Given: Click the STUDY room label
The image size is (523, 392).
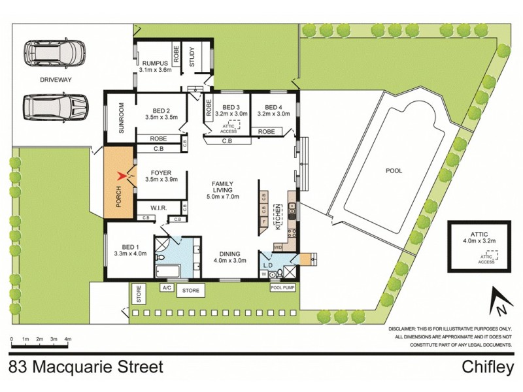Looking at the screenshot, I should pos(193,58).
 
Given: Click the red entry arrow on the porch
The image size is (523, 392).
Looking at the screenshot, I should pos(120,176).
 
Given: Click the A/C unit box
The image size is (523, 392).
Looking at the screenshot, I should pos(168,287).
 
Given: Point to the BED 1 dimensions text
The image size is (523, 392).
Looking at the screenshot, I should pos(130,253).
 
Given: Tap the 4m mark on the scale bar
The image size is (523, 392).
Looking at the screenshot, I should pos(68,340).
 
